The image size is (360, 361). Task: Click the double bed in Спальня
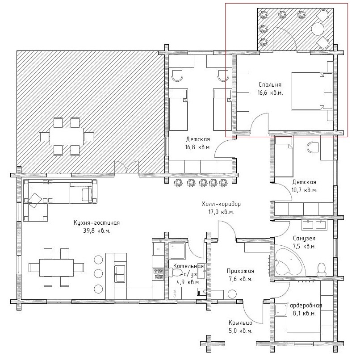pyautogui.click(x=312, y=91)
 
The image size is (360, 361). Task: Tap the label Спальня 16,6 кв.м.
pyautogui.click(x=270, y=88)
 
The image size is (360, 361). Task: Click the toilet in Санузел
pyautogui.click(x=321, y=269)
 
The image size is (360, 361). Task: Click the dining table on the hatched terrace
pyautogui.click(x=67, y=136)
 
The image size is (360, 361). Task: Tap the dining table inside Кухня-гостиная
pyautogui.click(x=56, y=268)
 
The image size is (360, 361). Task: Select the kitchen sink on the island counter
pyautogui.click(x=120, y=273)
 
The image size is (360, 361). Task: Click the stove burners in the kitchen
pyautogui.click(x=158, y=274)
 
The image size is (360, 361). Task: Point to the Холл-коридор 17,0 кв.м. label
pyautogui.click(x=221, y=208)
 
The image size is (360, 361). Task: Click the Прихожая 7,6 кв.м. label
pyautogui.click(x=240, y=275)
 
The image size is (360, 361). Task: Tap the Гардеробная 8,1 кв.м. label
pyautogui.click(x=304, y=309)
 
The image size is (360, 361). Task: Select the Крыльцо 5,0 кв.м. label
pyautogui.click(x=240, y=327)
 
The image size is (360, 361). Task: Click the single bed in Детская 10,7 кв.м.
pyautogui.click(x=284, y=156)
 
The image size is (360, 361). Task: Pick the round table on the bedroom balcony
pyautogui.click(x=318, y=29)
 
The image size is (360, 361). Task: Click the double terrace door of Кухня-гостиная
pyautogui.click(x=126, y=167)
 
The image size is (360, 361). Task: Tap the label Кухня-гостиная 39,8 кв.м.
pyautogui.click(x=96, y=227)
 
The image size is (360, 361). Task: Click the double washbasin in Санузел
pyautogui.click(x=314, y=225)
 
